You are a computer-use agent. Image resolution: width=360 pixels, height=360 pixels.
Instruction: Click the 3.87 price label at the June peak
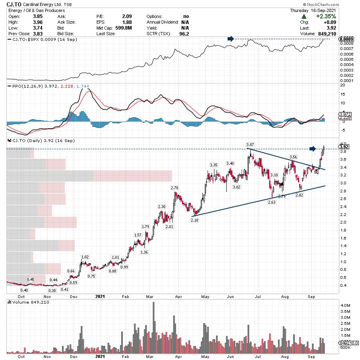pyautogui.click(x=250, y=144)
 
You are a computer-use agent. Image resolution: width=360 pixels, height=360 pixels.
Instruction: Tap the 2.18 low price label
pyautogui.click(x=195, y=220)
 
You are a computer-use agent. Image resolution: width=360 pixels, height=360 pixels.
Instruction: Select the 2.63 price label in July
pyautogui.click(x=272, y=202)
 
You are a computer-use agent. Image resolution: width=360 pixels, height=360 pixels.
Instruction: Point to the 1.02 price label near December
pyautogui.click(x=85, y=257)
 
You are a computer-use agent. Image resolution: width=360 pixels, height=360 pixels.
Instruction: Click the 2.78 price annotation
pyautogui.click(x=174, y=188)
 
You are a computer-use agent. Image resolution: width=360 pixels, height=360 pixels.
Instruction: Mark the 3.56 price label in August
pyautogui.click(x=293, y=157)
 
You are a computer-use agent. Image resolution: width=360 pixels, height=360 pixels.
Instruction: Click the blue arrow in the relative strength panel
pyautogui.click(x=230, y=39)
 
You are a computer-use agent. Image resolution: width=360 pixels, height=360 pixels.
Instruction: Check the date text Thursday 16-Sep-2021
pyautogui.click(x=314, y=10)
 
